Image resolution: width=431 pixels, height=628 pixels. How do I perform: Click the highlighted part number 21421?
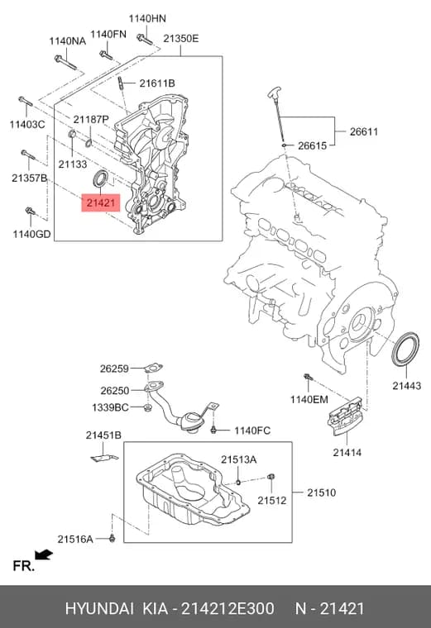tap(101, 202)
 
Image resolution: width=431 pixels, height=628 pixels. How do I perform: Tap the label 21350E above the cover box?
tap(181, 39)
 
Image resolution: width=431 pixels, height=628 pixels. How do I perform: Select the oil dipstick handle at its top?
tap(274, 92)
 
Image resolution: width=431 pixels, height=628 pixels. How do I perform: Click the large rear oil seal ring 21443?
tap(405, 349)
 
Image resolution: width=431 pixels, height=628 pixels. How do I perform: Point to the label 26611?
tap(364, 131)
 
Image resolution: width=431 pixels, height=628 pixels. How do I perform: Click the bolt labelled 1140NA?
tap(65, 63)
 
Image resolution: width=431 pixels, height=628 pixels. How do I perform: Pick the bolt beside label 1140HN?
tap(144, 39)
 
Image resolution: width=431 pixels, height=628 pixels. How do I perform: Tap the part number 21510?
tap(322, 492)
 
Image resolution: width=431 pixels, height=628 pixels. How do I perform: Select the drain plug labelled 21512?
tap(271, 477)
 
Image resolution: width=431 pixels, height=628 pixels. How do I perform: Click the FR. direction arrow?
tap(44, 554)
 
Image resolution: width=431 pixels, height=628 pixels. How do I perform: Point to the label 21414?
tap(347, 453)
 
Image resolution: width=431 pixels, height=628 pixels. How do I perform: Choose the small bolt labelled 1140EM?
tap(308, 377)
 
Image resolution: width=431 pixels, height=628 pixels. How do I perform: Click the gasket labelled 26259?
tap(154, 367)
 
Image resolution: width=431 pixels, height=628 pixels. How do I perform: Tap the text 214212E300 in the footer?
tap(227, 608)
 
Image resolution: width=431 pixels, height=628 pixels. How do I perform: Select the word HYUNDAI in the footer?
tap(99, 608)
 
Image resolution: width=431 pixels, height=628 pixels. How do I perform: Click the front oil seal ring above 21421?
tap(101, 178)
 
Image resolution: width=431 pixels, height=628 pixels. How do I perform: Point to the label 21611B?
tap(157, 83)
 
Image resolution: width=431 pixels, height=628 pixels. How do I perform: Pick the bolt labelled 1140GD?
tap(31, 211)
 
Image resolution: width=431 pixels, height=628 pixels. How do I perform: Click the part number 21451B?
tap(103, 435)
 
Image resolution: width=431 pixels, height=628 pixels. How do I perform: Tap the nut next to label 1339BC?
tap(147, 407)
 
